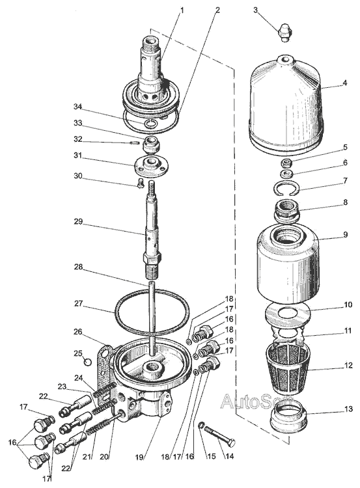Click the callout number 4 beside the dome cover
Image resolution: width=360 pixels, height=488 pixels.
point(344,83)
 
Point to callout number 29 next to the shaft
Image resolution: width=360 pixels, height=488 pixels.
point(78,222)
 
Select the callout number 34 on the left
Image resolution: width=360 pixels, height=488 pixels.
point(77,107)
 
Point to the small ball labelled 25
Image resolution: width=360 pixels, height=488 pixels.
point(88,362)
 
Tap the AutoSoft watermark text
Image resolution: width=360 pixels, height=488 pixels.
point(257,401)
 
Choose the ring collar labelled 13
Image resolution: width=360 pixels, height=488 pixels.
point(288,416)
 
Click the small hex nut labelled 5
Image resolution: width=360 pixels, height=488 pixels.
point(286,163)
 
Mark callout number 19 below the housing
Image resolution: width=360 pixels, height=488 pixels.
point(139,457)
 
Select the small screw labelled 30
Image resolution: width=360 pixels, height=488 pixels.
point(141,183)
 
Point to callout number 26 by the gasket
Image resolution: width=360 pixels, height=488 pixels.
point(78,332)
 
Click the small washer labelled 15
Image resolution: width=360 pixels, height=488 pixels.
point(202,424)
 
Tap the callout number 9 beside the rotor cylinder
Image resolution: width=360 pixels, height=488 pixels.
point(345,234)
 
